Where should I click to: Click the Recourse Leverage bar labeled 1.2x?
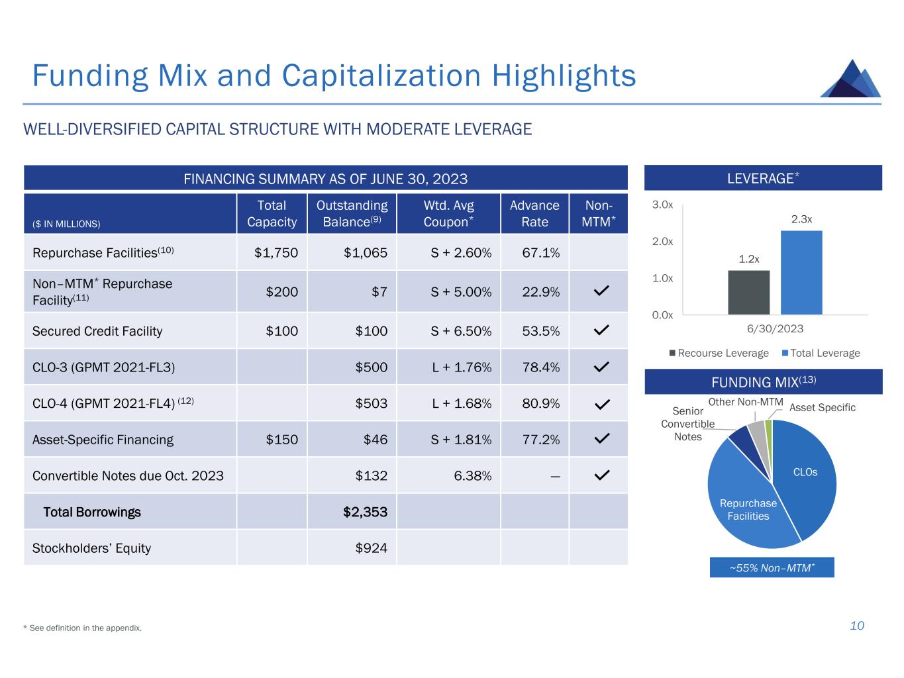[748, 292]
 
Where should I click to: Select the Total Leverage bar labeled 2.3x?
[801, 272]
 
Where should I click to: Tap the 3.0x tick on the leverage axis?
[662, 205]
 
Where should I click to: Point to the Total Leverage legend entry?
[821, 353]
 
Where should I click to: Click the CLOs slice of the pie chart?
[805, 472]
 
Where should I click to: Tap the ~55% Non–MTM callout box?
[772, 567]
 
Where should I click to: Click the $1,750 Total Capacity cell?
[276, 253]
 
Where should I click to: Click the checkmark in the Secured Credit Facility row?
[601, 330]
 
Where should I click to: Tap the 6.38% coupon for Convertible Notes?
[472, 476]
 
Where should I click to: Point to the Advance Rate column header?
[534, 213]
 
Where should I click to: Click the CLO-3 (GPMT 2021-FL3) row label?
[103, 367]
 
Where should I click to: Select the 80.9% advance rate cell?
[540, 403]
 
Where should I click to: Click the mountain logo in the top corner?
[850, 79]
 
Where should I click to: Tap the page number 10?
[857, 626]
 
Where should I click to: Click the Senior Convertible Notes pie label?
[687, 424]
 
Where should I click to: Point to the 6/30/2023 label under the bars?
[775, 329]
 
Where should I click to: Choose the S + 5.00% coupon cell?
[461, 292]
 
